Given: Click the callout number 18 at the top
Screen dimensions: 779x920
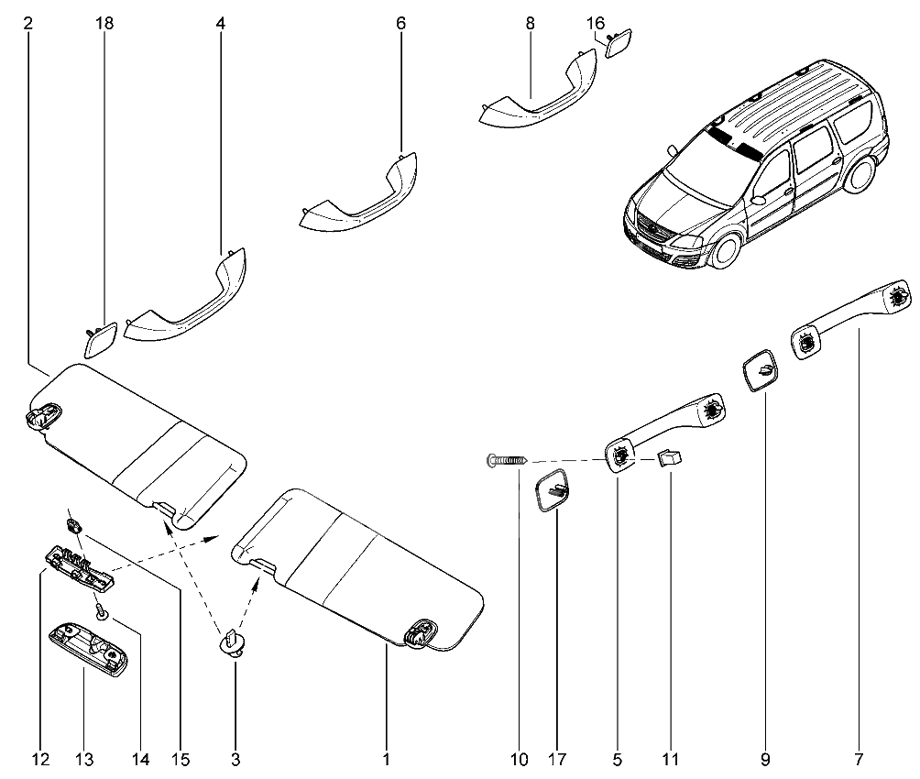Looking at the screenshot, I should pyautogui.click(x=104, y=24).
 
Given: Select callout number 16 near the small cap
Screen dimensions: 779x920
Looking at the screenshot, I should pyautogui.click(x=595, y=24).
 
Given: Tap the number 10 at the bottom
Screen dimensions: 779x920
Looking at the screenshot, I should pyautogui.click(x=519, y=759).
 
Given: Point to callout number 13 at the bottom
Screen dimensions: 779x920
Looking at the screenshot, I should pyautogui.click(x=84, y=759).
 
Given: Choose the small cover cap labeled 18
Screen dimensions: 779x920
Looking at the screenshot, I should pyautogui.click(x=99, y=337).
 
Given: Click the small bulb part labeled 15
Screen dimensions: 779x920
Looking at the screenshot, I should pyautogui.click(x=72, y=525).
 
